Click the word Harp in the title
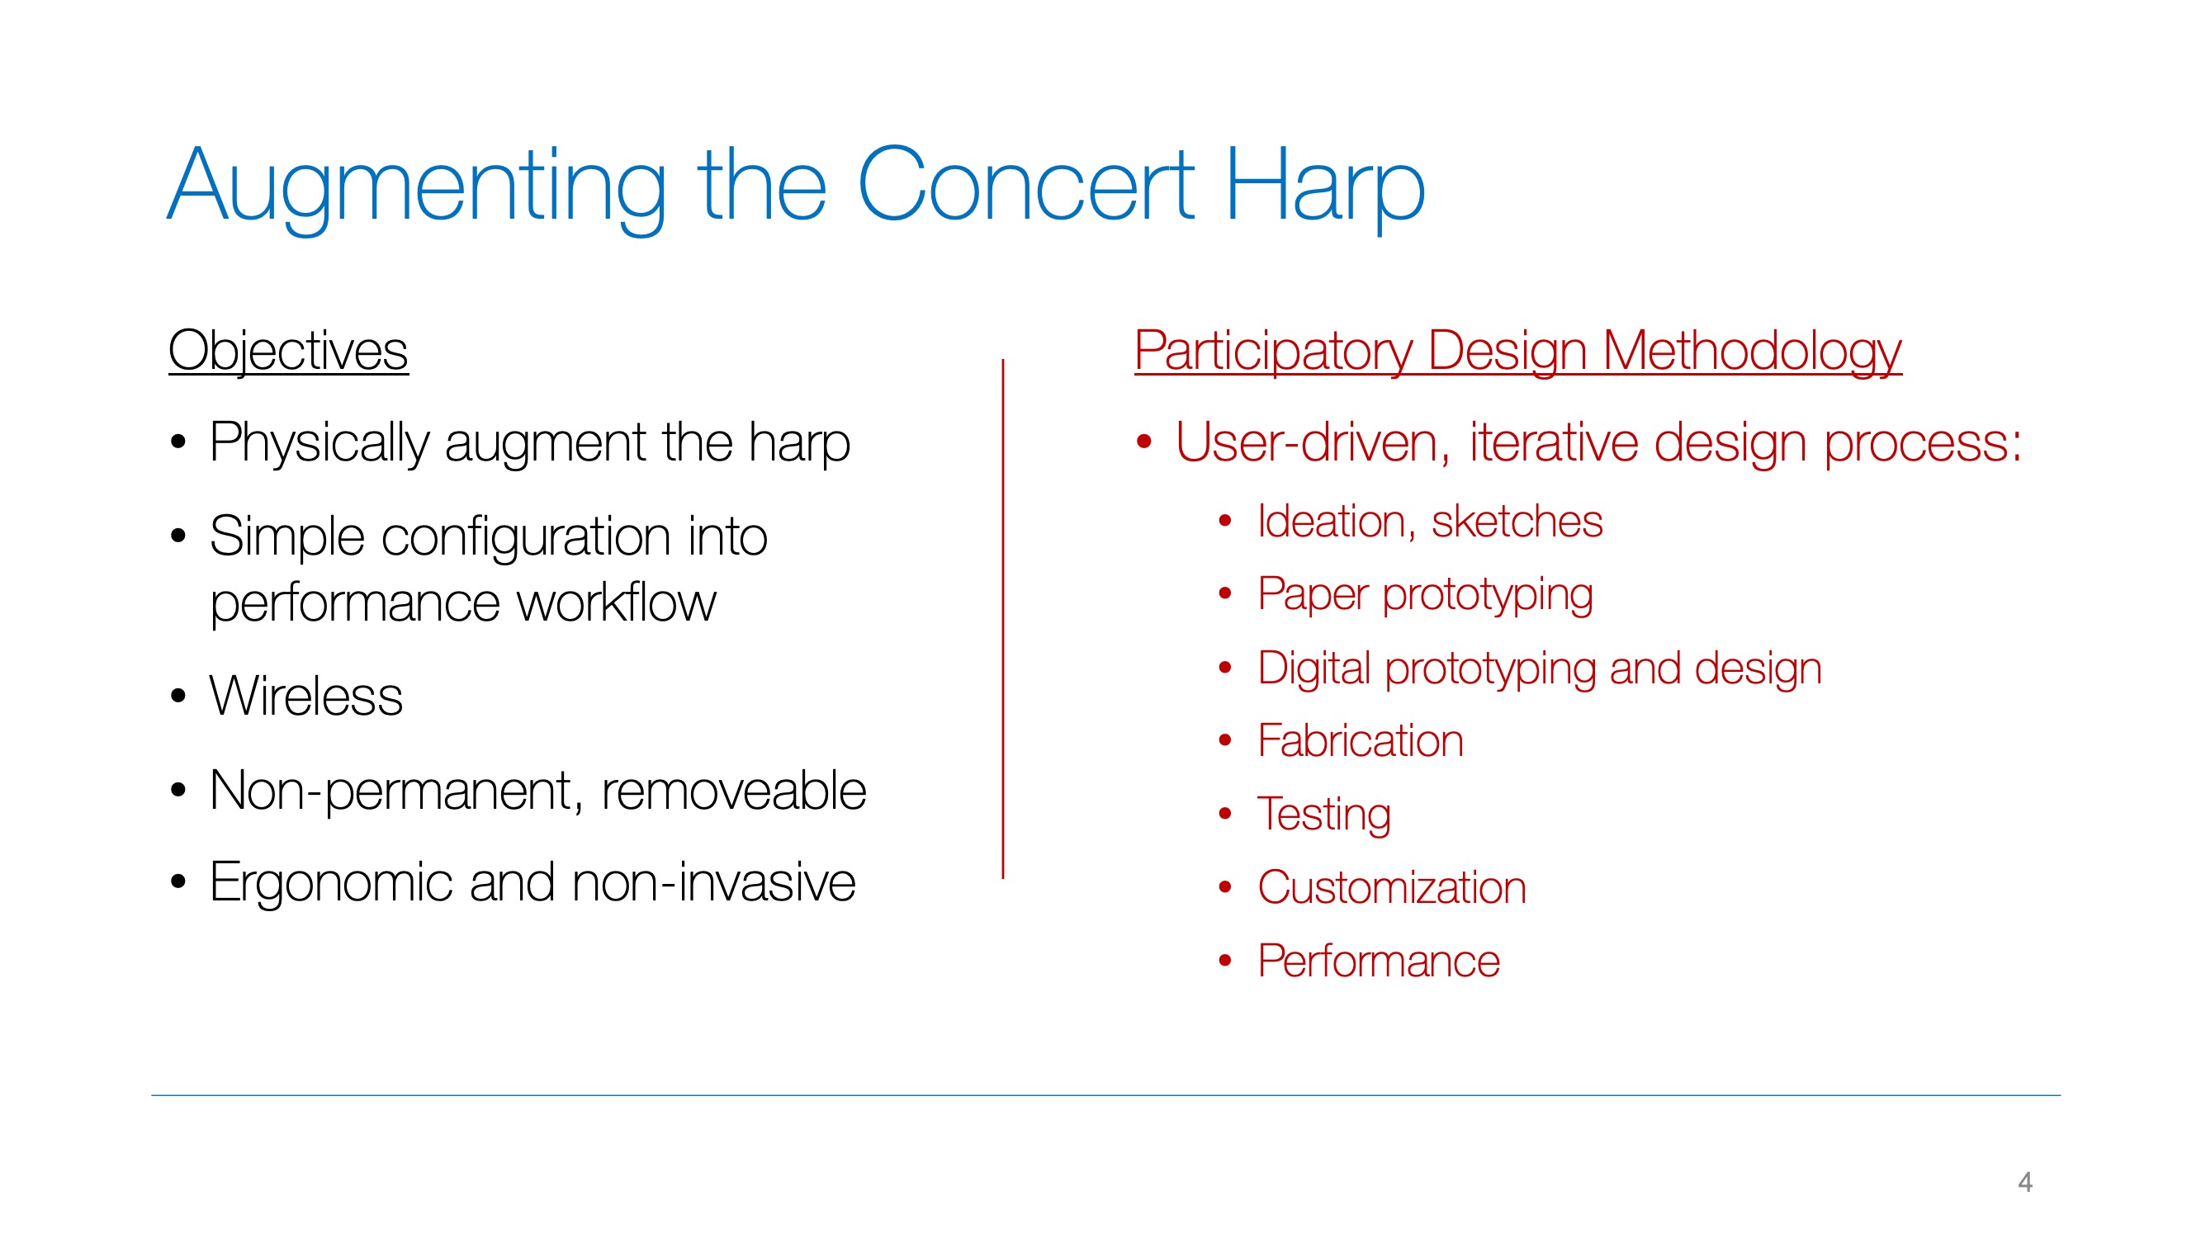(1325, 187)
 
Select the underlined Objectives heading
(288, 351)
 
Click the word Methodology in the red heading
(1752, 351)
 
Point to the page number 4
(2024, 1183)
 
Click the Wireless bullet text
(306, 696)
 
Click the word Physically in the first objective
(319, 443)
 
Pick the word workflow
(616, 602)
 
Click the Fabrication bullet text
(1361, 741)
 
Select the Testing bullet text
(1323, 815)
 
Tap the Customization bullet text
(1392, 888)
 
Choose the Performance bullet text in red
(1379, 962)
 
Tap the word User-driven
(1313, 442)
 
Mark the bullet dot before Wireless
(177, 696)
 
